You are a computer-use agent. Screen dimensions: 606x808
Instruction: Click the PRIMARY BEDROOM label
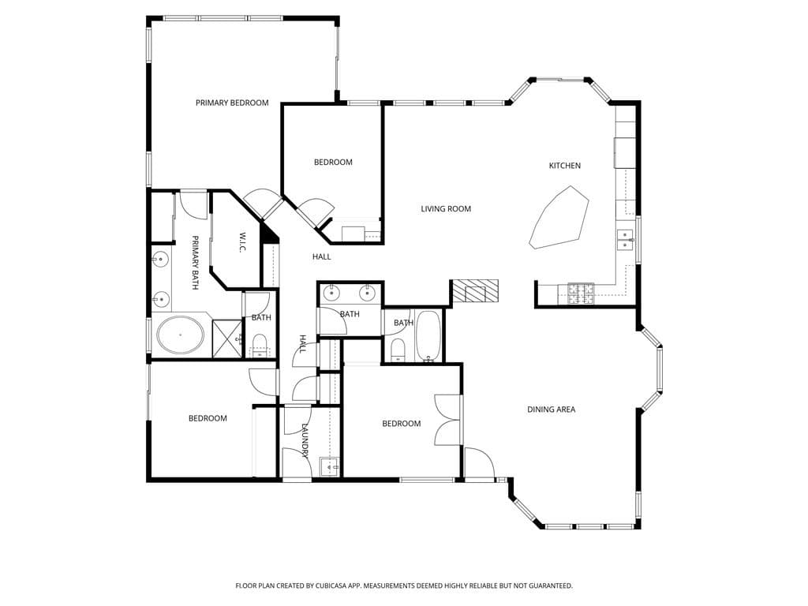(232, 103)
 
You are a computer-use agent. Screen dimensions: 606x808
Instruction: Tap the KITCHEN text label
(565, 166)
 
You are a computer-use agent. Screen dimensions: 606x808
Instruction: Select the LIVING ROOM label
(446, 209)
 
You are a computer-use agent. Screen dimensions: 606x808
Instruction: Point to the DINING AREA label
(552, 410)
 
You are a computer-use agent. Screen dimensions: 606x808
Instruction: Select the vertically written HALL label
(302, 344)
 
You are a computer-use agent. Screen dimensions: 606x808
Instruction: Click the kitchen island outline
(560, 219)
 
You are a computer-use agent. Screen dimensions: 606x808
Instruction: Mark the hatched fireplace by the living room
(475, 292)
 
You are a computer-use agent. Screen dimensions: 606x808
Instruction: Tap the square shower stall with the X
(226, 339)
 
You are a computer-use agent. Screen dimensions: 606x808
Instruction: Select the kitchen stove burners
(582, 294)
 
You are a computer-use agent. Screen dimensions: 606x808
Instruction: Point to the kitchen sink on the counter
(625, 240)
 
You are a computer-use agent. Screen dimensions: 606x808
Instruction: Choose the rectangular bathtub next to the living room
(429, 336)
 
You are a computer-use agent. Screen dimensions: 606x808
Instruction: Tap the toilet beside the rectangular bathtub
(398, 350)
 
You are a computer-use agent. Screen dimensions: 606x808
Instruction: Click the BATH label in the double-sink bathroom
(350, 314)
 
